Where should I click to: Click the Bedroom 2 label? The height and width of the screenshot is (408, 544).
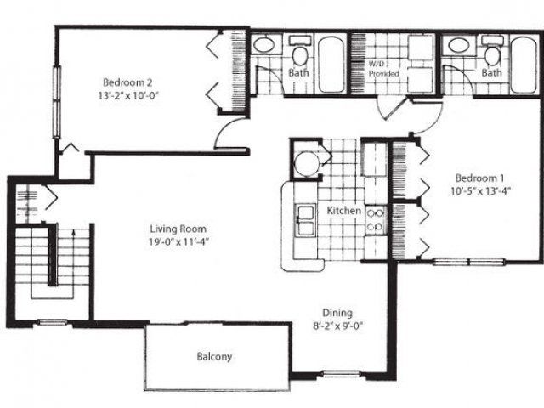point(127,82)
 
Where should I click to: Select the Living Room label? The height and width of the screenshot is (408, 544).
point(178,229)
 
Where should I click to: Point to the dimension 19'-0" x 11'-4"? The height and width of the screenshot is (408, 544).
point(178,241)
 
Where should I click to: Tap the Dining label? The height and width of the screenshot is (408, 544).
point(337,312)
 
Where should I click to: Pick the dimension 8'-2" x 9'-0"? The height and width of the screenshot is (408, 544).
point(337,325)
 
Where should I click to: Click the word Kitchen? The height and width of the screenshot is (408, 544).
point(345,210)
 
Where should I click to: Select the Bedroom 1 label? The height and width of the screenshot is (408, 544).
point(480,178)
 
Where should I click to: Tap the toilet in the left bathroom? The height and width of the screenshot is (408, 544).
point(299,54)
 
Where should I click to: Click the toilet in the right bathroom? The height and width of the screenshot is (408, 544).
point(491,54)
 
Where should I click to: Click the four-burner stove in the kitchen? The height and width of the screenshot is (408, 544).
point(375,220)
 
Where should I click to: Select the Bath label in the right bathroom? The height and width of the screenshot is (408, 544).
point(491,74)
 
